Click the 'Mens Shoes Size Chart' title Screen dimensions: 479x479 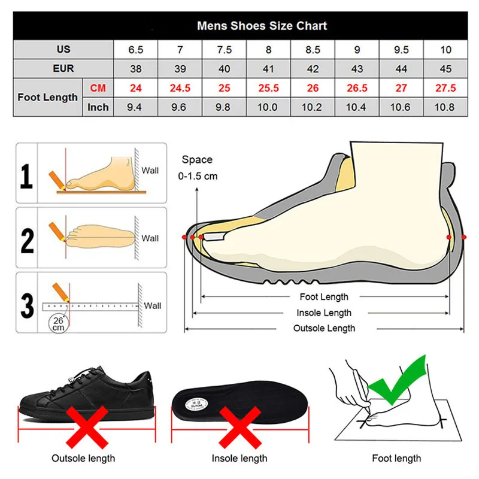point(262,26)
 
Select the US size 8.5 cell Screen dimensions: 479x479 point(313,49)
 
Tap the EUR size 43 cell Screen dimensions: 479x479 point(357,68)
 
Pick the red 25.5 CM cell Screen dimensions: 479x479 point(268,88)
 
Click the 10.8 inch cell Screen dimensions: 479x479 point(445,107)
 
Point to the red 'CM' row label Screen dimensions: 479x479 point(98,88)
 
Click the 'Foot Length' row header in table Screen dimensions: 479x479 point(48,97)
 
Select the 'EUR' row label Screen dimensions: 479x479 point(63,68)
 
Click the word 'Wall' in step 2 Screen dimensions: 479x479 point(150,238)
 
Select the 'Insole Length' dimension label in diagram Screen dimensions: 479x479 point(324,313)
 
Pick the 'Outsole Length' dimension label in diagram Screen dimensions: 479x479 point(324,328)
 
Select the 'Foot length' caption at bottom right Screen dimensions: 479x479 point(396,459)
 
